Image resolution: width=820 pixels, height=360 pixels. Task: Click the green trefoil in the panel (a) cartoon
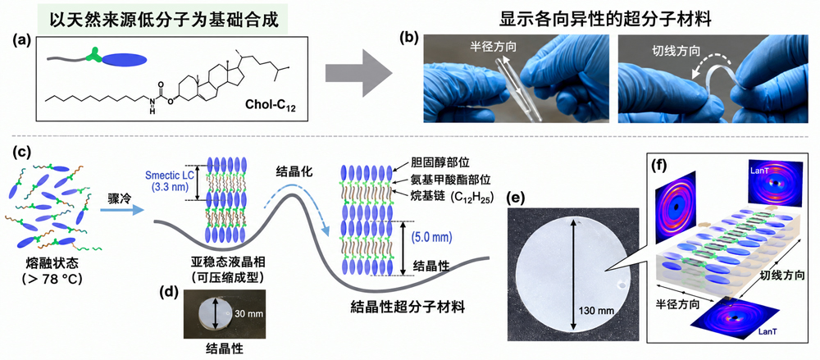coord(93,54)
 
